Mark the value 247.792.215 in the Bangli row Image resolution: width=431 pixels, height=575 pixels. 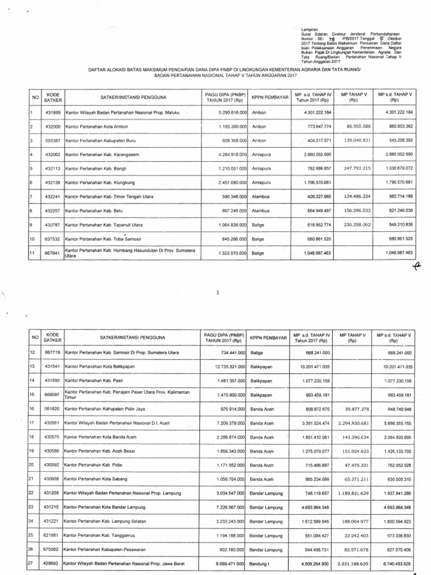[x=349, y=167]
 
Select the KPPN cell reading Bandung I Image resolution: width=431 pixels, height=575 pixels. [x=260, y=563]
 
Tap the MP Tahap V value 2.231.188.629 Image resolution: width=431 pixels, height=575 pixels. [x=348, y=563]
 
